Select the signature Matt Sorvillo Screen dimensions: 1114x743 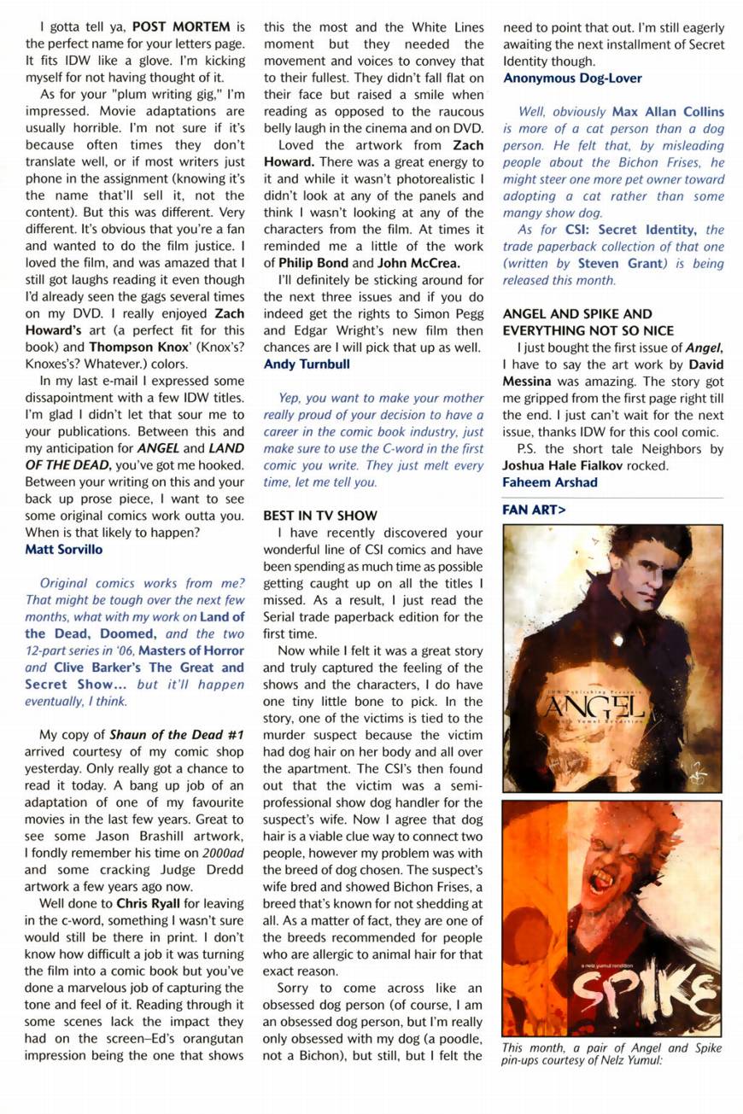click(63, 549)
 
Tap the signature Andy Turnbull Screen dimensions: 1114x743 click(307, 364)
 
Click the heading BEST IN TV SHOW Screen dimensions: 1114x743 click(320, 516)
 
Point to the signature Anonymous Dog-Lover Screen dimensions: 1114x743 click(572, 78)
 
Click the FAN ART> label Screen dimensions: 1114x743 click(534, 510)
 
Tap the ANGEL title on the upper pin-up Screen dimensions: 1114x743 click(594, 706)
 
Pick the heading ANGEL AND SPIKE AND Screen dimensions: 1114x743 click(577, 314)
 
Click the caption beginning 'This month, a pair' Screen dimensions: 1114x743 click(611, 1054)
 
